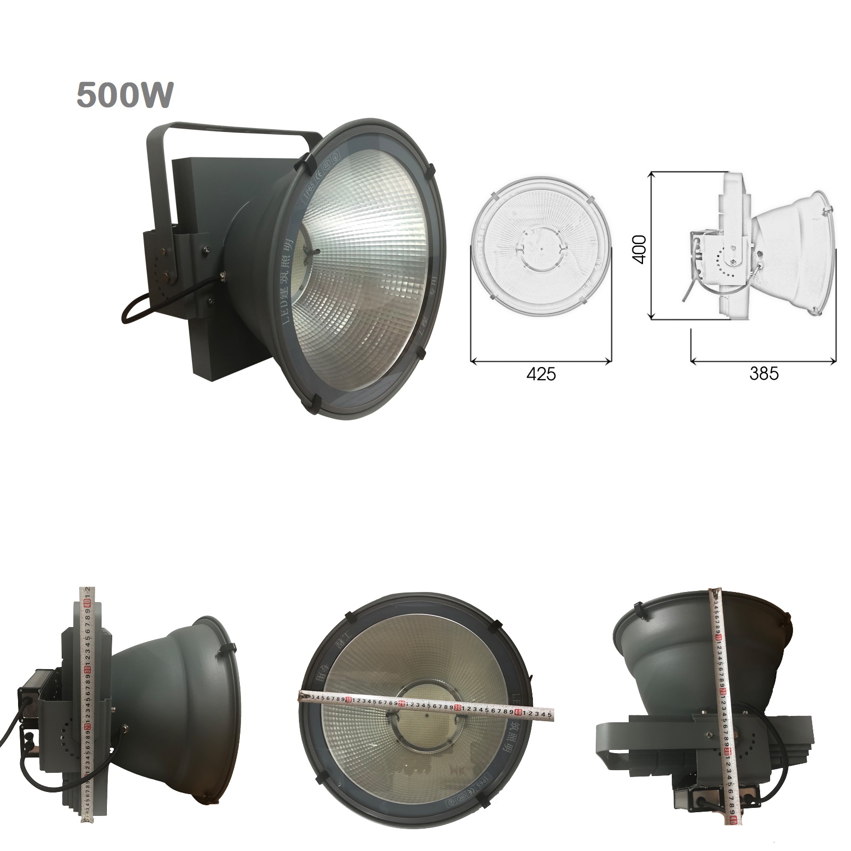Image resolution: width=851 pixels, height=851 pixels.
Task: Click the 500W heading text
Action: click(x=126, y=95)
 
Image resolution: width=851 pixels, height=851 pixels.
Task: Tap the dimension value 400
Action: click(x=639, y=248)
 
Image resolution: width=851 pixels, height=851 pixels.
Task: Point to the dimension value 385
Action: click(x=764, y=373)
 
